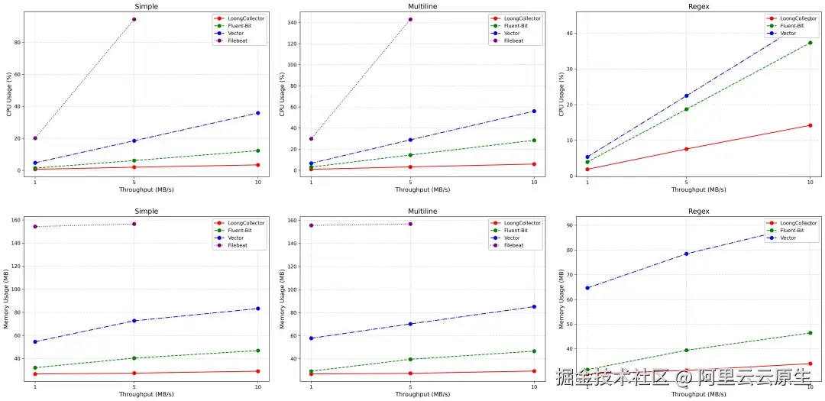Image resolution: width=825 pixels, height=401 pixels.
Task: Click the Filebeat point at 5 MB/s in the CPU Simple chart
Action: [134, 19]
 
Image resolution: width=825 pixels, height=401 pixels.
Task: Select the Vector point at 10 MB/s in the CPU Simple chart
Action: [257, 113]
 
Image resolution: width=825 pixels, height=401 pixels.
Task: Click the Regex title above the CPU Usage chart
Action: [698, 6]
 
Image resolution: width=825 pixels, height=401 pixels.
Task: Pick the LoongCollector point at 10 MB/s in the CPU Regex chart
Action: [810, 125]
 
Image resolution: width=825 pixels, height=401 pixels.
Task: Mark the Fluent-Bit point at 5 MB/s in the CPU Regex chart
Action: [686, 109]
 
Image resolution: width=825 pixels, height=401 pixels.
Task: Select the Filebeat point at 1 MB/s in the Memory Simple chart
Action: [35, 226]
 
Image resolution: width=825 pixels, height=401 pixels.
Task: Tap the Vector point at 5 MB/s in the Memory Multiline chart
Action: [411, 324]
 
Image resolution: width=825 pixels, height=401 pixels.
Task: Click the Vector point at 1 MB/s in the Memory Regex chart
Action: [587, 288]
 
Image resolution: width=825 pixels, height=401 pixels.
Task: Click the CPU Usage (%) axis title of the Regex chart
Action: [562, 94]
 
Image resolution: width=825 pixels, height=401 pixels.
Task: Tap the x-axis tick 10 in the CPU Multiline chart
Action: [534, 182]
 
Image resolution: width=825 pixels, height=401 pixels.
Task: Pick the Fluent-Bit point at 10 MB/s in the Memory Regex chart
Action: [810, 333]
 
